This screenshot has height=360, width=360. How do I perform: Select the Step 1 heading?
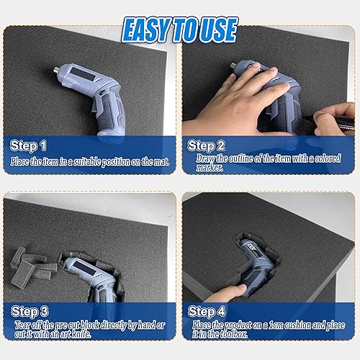point(29,145)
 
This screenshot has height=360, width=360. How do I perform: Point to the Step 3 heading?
point(30,311)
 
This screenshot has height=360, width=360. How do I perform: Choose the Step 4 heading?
point(207,311)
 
